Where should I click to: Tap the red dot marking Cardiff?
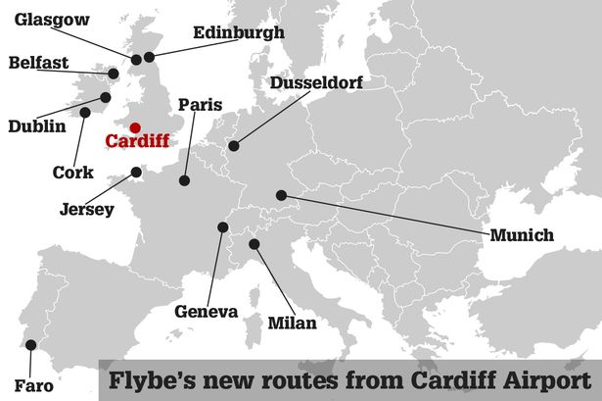coord(135,126)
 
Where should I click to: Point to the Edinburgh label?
coord(239,32)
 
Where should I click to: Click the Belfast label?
coord(38,64)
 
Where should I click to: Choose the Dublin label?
coord(36,125)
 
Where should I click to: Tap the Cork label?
coord(73,173)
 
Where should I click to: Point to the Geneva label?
coord(207,312)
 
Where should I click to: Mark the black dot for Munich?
coord(281,195)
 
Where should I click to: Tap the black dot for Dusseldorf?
coord(233,147)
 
